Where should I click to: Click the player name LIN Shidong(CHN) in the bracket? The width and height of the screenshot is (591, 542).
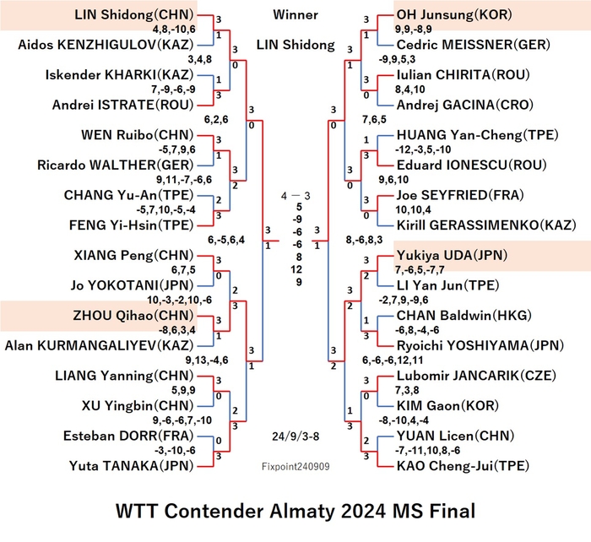(133, 14)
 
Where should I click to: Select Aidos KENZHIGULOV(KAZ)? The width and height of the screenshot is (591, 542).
(106, 45)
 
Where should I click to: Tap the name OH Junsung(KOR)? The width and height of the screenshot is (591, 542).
(454, 14)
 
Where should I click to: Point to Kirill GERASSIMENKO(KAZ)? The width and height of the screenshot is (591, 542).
(486, 225)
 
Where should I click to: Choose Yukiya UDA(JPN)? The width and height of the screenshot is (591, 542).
(452, 256)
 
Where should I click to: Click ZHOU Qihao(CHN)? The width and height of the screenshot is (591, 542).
(133, 316)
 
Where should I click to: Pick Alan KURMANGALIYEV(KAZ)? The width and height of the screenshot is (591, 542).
(99, 345)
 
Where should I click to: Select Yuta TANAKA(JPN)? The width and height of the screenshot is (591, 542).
(131, 466)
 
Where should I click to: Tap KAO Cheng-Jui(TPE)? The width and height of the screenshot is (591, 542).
(463, 466)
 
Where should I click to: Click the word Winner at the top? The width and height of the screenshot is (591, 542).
(295, 14)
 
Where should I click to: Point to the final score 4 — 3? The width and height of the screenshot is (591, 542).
(295, 196)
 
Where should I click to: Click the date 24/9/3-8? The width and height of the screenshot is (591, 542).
(295, 436)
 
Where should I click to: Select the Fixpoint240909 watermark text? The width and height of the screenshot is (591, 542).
(295, 467)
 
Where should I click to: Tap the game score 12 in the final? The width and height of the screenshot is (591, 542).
(296, 269)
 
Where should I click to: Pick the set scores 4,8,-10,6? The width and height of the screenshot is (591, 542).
(174, 30)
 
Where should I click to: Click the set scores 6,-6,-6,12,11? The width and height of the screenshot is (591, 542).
(393, 360)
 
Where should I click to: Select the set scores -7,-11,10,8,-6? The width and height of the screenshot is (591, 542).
(427, 451)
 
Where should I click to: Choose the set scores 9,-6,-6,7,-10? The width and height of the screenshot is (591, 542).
(182, 420)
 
